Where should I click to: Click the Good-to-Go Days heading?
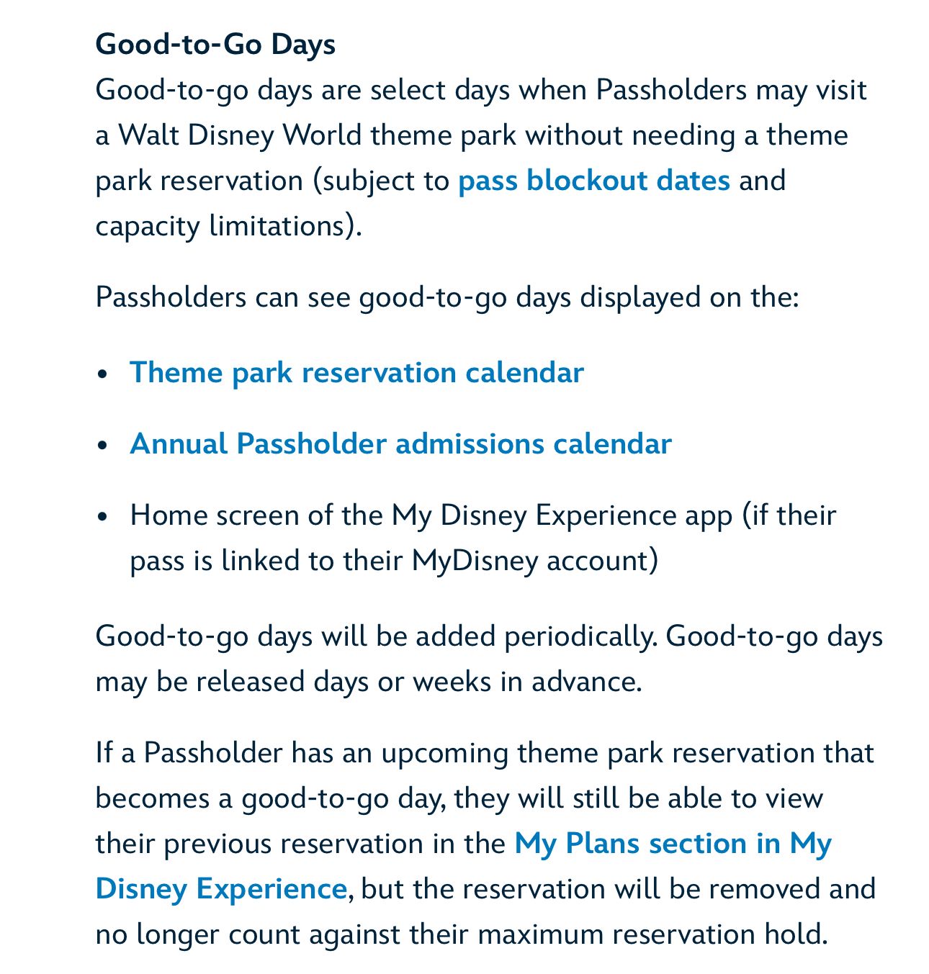click(x=215, y=45)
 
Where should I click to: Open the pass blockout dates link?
click(x=594, y=180)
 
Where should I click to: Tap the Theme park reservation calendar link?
click(x=356, y=373)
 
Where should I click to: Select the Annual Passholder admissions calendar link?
click(x=400, y=443)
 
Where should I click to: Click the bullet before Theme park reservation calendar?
click(x=104, y=374)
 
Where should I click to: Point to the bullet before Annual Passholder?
click(x=104, y=445)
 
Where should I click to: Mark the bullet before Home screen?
click(x=104, y=517)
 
